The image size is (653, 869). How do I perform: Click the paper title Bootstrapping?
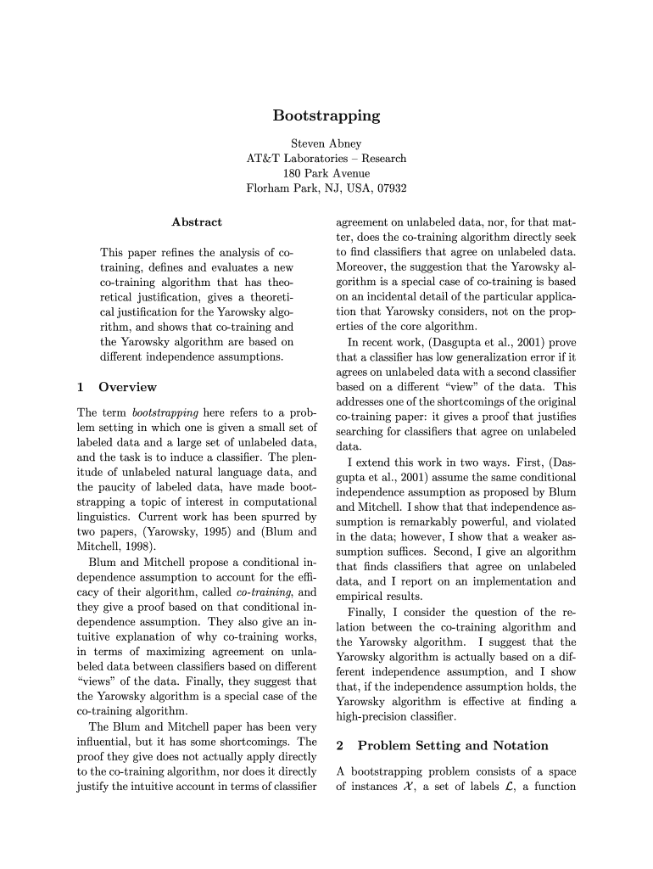326,115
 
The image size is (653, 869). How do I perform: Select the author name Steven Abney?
326,143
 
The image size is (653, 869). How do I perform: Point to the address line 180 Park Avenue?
326,173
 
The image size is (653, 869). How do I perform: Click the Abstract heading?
197,222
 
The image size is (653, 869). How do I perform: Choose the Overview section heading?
127,387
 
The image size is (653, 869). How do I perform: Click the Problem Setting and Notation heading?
453,746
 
